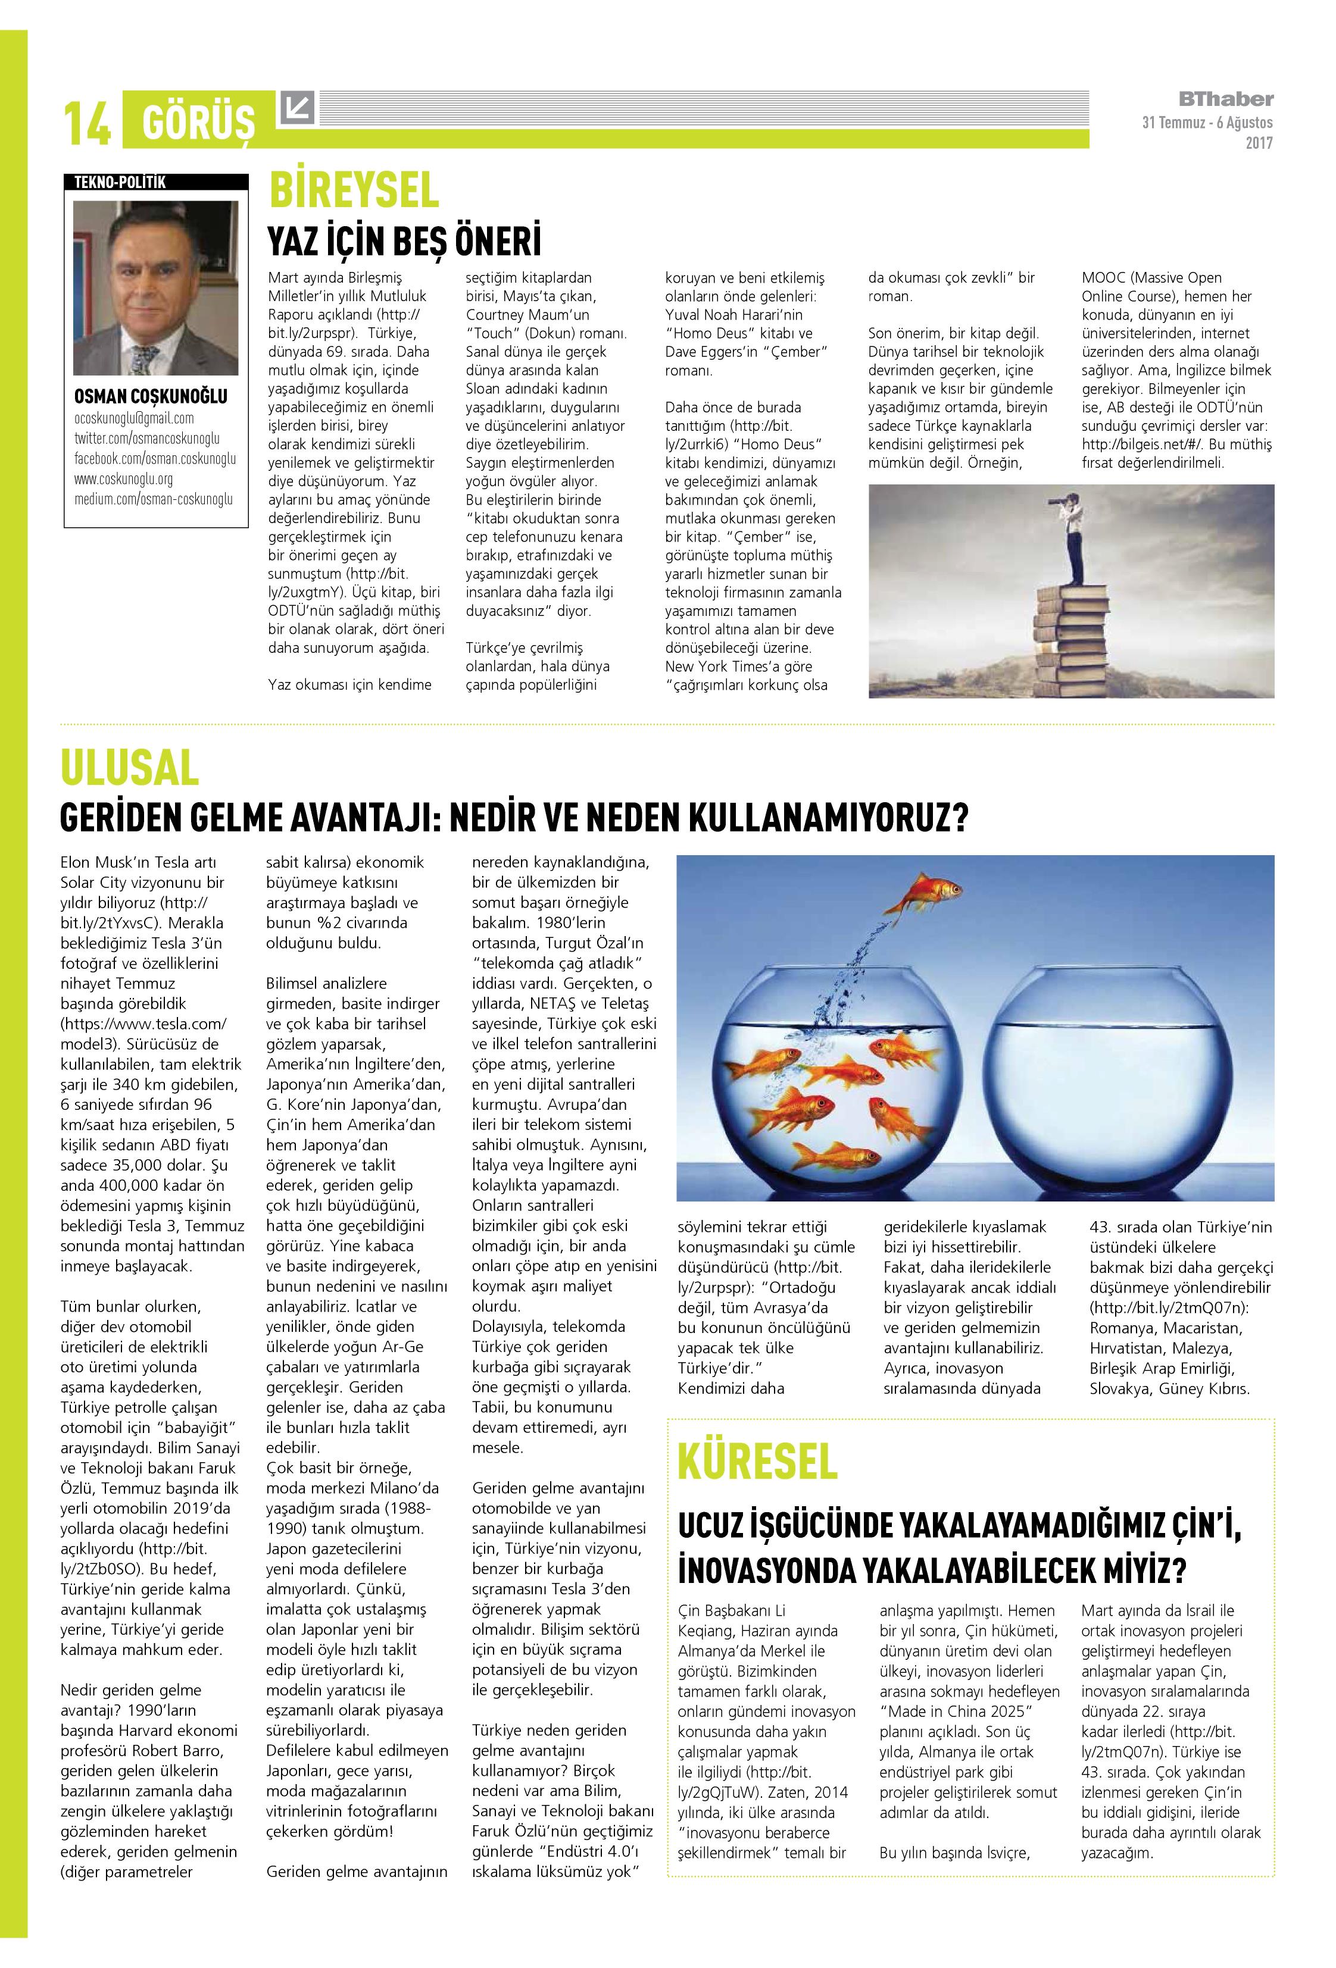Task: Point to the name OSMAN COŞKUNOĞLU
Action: pyautogui.click(x=151, y=396)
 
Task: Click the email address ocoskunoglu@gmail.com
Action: pyautogui.click(x=134, y=418)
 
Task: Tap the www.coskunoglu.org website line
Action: pyautogui.click(x=124, y=479)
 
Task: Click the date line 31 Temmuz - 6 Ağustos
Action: pyautogui.click(x=1206, y=123)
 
